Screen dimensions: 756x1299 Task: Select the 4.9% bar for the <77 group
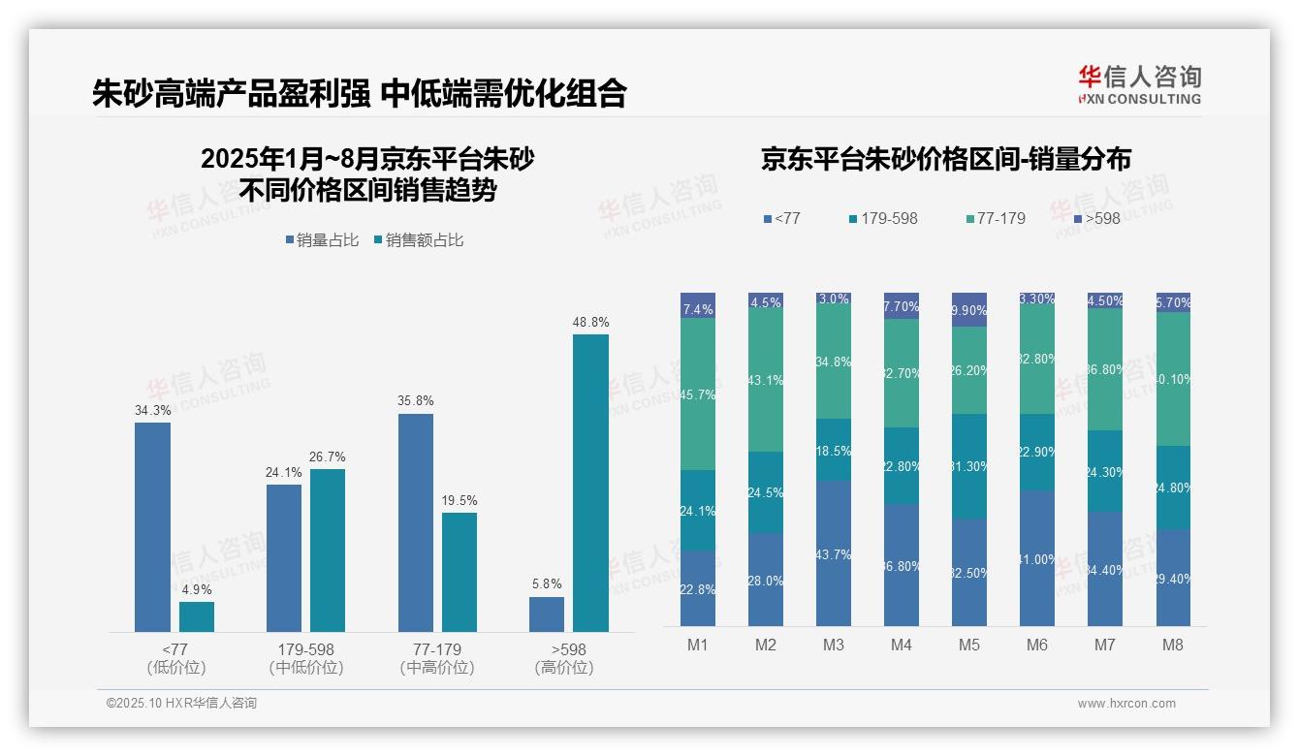click(197, 616)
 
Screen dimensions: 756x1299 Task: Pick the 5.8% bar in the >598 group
click(547, 614)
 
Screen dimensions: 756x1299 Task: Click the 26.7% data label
click(328, 457)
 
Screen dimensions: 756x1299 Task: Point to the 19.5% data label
click(459, 500)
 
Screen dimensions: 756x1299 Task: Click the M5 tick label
click(969, 645)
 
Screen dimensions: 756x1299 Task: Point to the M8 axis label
click(1172, 645)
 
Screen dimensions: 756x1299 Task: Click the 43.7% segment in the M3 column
click(834, 553)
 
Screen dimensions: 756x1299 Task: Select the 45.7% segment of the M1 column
click(698, 394)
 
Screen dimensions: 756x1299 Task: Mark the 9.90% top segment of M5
click(969, 309)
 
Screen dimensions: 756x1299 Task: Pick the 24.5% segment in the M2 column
click(766, 492)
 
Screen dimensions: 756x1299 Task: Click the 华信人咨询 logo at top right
click(1139, 84)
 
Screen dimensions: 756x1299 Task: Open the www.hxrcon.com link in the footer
click(1126, 704)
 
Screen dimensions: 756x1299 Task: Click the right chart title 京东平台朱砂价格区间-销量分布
click(945, 159)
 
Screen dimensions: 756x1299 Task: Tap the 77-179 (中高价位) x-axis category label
click(437, 658)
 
